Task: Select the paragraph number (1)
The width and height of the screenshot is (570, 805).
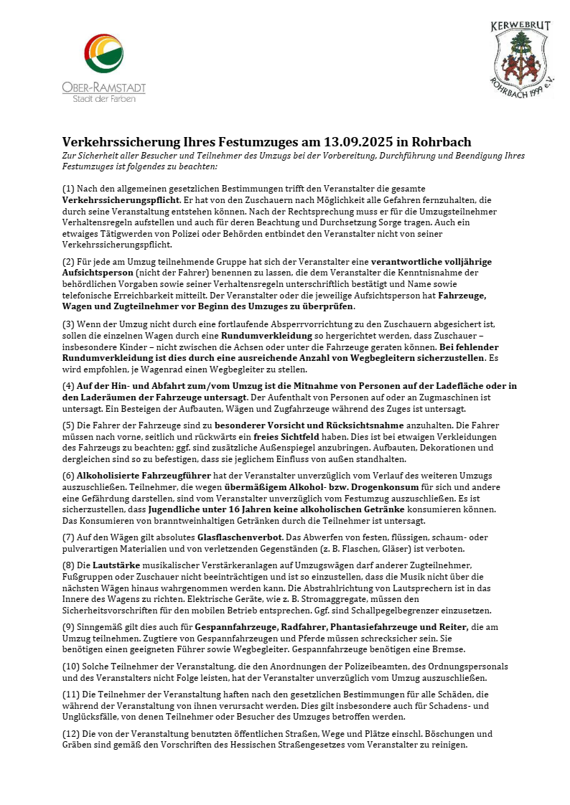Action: click(69, 188)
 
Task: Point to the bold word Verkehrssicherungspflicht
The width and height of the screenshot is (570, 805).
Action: click(121, 199)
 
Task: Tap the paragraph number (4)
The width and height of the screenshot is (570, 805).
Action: click(69, 386)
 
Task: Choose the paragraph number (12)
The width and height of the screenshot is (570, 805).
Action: click(72, 734)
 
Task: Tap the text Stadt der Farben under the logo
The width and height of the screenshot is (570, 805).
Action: click(103, 98)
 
